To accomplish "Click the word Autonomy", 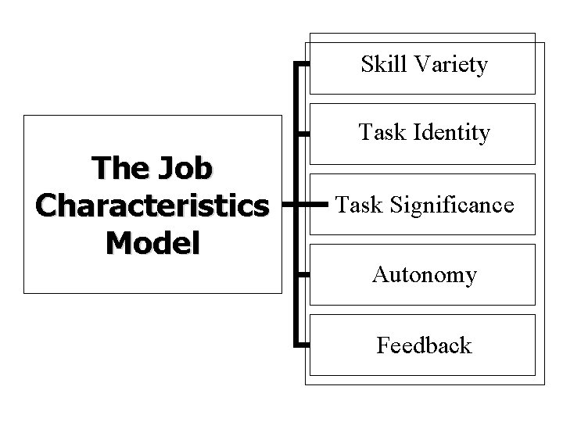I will pos(425,275).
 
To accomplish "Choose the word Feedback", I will pos(424,345).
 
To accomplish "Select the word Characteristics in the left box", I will pos(152,205).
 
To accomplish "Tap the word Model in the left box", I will pos(152,242).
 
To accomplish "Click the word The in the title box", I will pos(116,167).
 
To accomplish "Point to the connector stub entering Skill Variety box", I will pos(303,63).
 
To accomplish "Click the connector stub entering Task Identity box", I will pos(303,134).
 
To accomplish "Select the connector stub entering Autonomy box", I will pos(303,274).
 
